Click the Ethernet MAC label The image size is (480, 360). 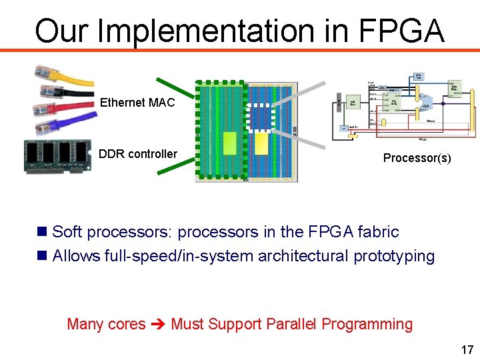[x=137, y=103]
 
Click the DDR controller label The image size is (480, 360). [x=137, y=154]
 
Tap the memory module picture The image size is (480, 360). [x=57, y=156]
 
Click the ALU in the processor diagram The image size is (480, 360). [x=425, y=106]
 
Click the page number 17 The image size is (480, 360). [x=467, y=349]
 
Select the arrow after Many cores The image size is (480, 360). [x=158, y=325]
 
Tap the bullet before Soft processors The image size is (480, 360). [x=42, y=232]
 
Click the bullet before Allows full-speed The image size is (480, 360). [x=42, y=255]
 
